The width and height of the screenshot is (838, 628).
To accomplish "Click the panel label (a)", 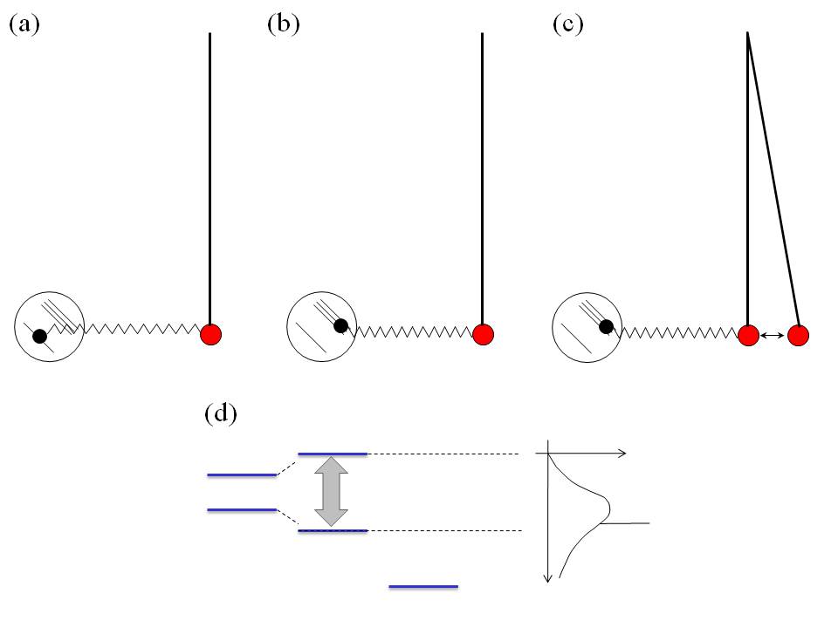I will click(24, 24).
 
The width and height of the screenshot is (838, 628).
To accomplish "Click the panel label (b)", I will click(283, 24).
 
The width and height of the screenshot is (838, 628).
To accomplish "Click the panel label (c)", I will click(567, 24).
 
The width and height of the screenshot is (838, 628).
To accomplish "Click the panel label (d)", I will click(220, 413).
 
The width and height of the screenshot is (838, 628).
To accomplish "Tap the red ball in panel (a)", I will click(210, 334).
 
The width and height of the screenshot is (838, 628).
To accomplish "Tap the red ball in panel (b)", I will click(483, 334).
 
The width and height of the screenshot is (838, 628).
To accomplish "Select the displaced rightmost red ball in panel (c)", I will click(798, 335).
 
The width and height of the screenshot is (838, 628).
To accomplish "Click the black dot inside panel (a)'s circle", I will click(39, 335).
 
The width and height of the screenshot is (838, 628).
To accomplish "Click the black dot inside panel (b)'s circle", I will click(341, 325).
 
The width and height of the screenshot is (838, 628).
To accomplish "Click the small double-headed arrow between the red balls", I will click(772, 335).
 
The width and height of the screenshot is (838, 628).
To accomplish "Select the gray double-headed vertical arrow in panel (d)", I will click(331, 492).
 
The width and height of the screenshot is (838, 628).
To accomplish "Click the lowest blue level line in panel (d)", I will click(423, 587).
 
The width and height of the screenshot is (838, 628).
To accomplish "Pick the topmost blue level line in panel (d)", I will click(333, 454).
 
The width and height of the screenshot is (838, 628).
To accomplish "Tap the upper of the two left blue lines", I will click(242, 475).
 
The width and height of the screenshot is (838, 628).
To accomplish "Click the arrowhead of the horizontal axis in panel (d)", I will click(622, 454).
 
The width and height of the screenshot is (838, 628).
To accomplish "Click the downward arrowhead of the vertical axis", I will click(547, 576).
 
